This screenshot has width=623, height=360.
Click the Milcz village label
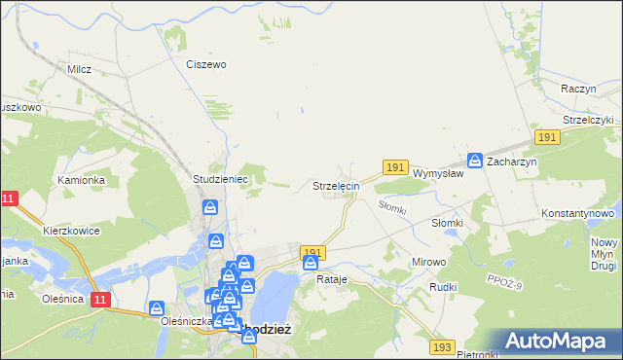coord(79,69)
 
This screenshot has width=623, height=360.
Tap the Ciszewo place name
coord(205,64)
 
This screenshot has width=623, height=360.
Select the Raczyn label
coord(578,89)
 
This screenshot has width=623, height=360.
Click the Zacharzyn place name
coord(512,162)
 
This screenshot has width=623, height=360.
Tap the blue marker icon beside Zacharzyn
coord(475,161)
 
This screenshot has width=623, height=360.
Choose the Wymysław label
coord(437,173)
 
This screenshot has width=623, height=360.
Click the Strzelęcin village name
coord(336,185)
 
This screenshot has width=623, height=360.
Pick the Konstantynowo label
coord(578,212)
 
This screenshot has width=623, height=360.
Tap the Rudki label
coord(443,287)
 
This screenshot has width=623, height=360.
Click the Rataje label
coord(332,279)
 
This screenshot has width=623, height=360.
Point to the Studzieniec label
coord(222,180)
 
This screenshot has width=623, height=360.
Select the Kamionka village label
coord(80,180)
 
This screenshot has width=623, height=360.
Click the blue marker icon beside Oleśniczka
coord(157,308)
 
